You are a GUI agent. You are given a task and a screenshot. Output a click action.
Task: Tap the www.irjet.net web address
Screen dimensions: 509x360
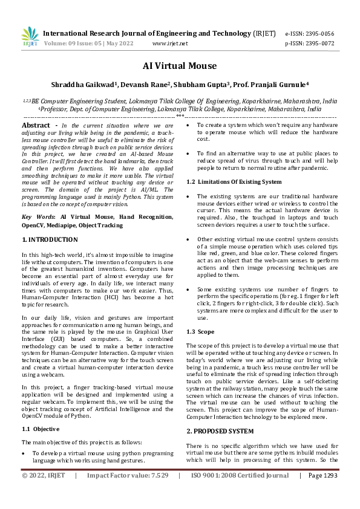170,44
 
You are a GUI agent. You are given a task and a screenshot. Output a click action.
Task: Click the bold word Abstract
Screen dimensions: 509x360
36,125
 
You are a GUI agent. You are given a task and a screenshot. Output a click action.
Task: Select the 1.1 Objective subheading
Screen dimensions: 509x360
41,429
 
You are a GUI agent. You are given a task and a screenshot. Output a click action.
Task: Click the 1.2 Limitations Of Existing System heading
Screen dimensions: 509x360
234,182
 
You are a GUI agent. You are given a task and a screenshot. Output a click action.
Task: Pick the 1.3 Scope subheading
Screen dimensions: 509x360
199,332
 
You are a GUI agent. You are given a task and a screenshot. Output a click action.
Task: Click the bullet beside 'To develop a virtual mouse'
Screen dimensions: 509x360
24,452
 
